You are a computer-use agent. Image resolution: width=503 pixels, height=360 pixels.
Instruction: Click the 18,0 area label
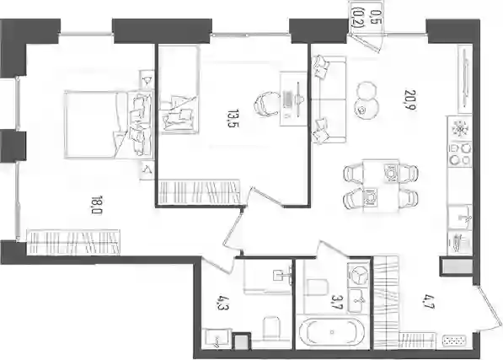(x=96, y=205)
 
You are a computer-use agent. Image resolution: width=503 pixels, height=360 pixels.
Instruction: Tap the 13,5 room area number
(x=233, y=118)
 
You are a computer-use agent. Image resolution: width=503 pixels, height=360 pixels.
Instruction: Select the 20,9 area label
(x=410, y=99)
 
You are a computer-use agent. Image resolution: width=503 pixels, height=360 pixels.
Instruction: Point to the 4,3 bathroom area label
(x=221, y=303)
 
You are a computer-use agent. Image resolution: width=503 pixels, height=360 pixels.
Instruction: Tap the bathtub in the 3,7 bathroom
(x=332, y=332)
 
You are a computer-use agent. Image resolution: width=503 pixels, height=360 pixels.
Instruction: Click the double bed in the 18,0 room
(x=109, y=125)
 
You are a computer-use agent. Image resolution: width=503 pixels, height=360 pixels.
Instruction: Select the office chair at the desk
(x=266, y=104)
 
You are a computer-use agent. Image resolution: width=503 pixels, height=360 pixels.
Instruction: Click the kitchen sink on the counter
(x=460, y=218)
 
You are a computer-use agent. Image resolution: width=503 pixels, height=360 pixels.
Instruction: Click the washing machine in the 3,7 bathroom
(x=359, y=276)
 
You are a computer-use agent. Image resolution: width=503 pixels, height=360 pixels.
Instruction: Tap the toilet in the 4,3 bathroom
(x=271, y=328)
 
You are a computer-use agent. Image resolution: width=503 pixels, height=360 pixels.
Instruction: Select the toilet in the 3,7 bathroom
(x=318, y=287)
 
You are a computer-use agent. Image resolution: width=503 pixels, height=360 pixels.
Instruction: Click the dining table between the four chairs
(x=381, y=185)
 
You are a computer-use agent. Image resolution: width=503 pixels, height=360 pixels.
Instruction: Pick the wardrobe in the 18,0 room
(x=73, y=242)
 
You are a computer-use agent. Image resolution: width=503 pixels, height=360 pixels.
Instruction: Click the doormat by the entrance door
(x=454, y=341)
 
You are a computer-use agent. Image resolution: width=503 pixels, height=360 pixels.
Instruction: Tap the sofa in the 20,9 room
(x=329, y=99)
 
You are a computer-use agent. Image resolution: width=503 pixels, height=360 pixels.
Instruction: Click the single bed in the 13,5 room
(x=179, y=89)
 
